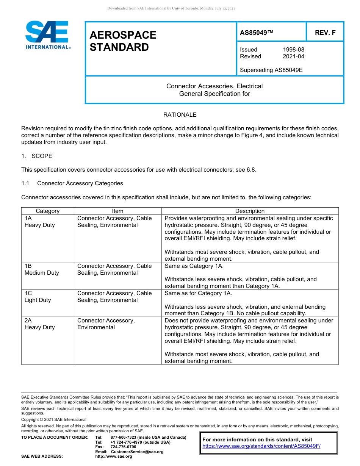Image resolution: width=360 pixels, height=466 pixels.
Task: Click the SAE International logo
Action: (47, 35)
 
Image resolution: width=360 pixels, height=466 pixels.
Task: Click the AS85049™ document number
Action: (257, 33)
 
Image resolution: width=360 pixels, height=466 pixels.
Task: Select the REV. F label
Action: (325, 33)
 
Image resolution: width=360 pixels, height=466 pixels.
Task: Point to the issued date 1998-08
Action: (293, 50)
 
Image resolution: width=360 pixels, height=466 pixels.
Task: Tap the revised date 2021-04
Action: (293, 56)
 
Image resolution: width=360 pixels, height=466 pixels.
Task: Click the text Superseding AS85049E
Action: (271, 70)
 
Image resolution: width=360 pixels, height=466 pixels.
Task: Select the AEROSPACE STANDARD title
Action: (123, 41)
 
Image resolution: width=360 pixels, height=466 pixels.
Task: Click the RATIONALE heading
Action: (180, 115)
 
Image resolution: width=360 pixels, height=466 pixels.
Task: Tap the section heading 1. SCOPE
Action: (37, 156)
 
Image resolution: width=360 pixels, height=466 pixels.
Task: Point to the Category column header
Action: (47, 211)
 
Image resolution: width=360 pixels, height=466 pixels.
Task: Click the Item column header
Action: (117, 211)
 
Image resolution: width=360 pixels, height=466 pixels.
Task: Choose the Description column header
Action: (250, 211)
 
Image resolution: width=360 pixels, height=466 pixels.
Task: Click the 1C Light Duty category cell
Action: (38, 297)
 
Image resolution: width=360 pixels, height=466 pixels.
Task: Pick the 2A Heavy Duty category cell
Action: (39, 324)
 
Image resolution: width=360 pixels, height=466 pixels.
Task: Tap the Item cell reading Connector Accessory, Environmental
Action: (106, 324)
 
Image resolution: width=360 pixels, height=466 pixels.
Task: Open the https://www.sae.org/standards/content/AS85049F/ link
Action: (261, 446)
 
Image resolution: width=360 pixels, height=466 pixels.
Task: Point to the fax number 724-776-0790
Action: (123, 447)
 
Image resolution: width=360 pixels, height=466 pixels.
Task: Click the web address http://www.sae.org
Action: (114, 457)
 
